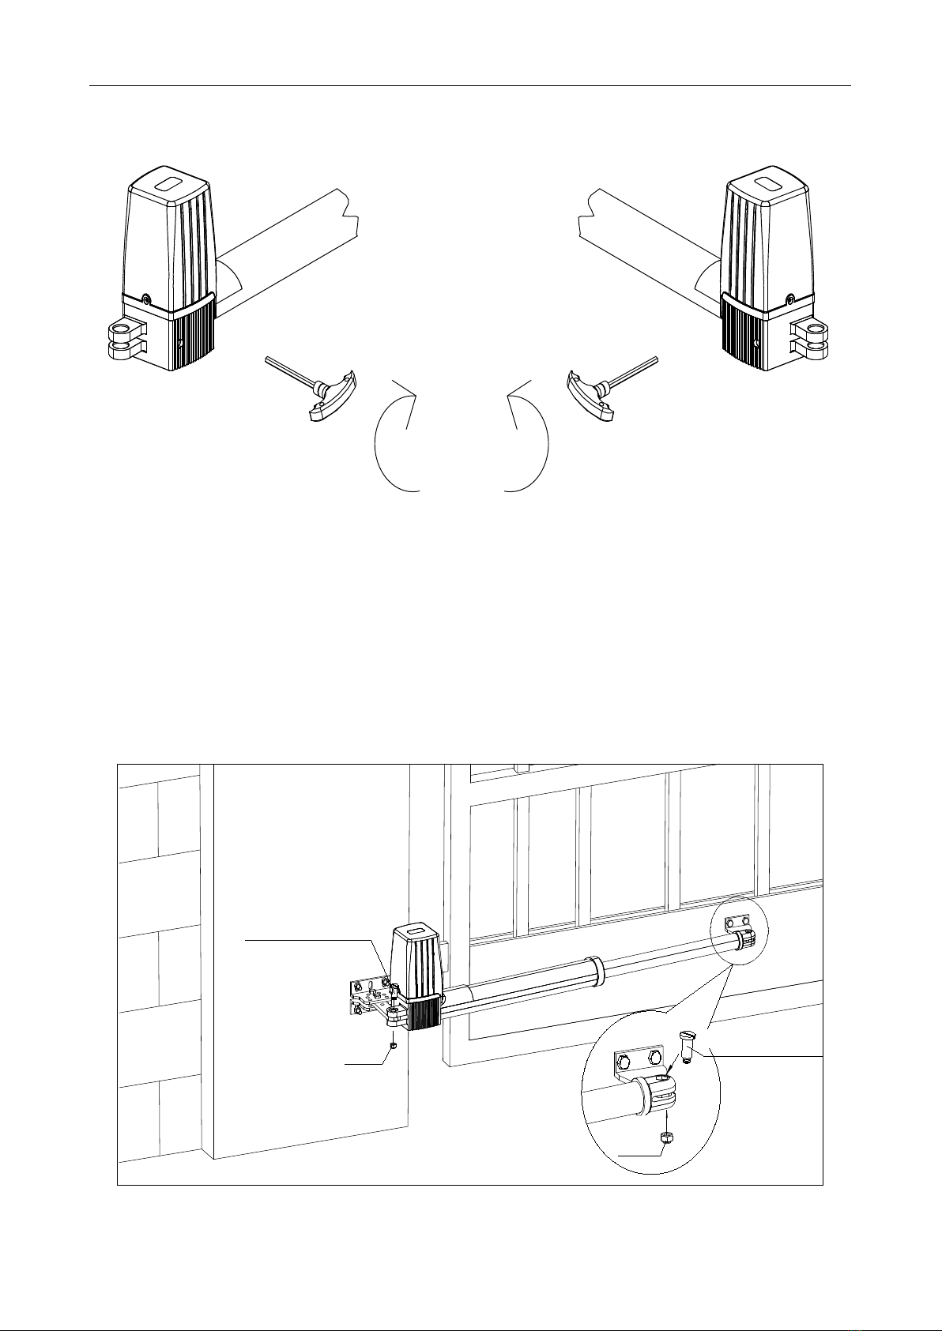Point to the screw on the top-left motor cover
click(146, 299)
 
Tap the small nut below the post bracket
click(393, 1044)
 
